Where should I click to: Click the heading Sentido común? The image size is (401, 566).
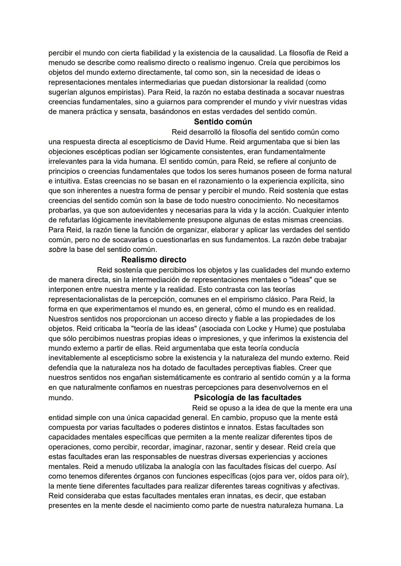[x=223, y=122]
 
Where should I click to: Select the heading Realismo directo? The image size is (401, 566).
[x=154, y=260]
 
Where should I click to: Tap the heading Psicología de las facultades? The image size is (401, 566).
[x=248, y=398]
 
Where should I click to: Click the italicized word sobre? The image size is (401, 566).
[x=58, y=250]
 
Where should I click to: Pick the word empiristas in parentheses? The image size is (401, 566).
[x=124, y=92]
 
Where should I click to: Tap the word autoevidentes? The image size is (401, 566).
[x=144, y=210]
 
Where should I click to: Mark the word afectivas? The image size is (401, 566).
[x=323, y=486]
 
